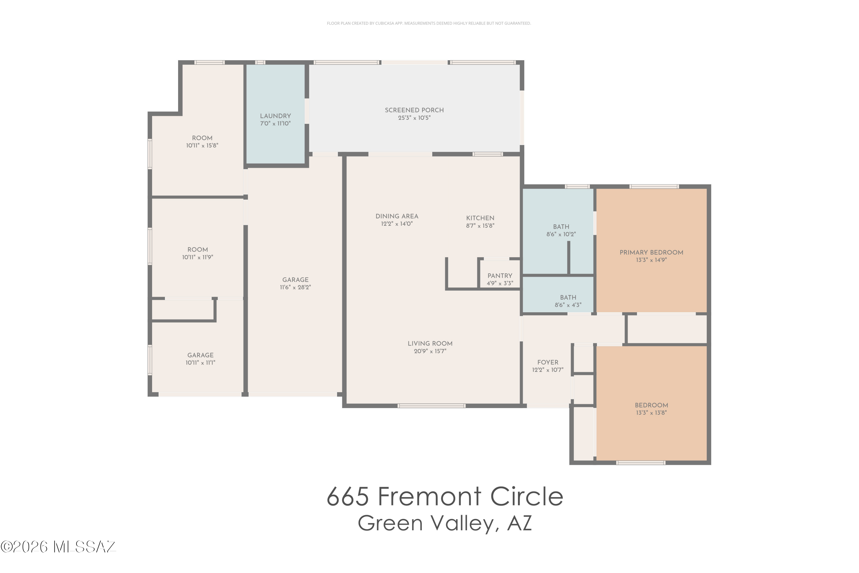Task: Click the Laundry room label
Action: (x=275, y=116)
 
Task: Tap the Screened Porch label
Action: (x=414, y=110)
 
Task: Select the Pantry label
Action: (x=500, y=276)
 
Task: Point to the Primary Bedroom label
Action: (x=651, y=252)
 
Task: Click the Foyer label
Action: (x=547, y=362)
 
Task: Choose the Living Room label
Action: (x=430, y=344)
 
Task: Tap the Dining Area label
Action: (x=397, y=216)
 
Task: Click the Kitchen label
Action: (x=480, y=218)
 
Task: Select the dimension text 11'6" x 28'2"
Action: (x=295, y=287)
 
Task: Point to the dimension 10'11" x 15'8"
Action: (x=202, y=146)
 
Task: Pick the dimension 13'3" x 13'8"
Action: (x=651, y=413)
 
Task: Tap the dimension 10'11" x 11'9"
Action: (x=198, y=257)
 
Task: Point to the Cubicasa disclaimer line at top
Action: (x=429, y=23)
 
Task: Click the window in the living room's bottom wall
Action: (x=431, y=406)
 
